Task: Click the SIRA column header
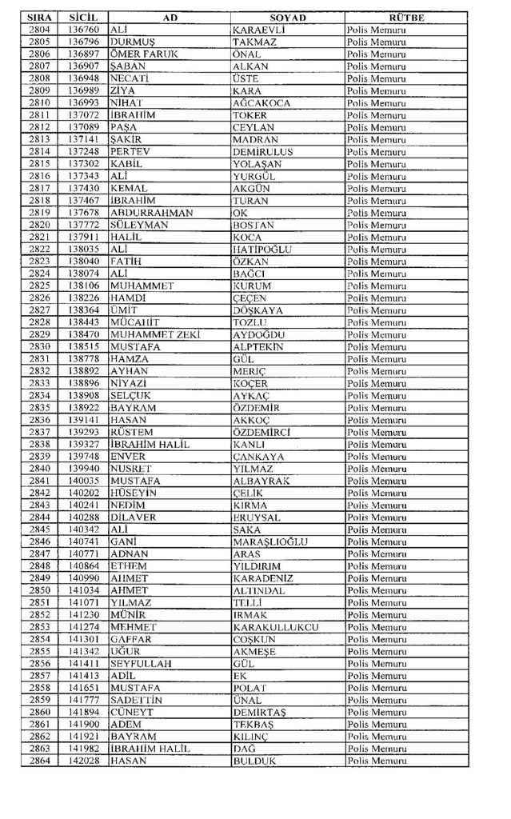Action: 39,17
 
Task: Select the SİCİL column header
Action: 82,17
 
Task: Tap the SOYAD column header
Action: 288,17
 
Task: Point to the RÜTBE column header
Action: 406,17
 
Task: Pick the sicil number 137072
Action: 83,114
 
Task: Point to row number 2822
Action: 39,249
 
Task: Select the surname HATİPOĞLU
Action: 262,249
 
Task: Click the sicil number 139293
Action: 83,432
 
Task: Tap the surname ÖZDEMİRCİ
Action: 261,432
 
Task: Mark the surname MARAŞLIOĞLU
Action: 269,541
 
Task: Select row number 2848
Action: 39,565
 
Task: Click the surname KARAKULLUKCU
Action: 275,627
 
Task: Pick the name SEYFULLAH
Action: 141,664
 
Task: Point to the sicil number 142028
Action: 83,761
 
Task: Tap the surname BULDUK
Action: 254,761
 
